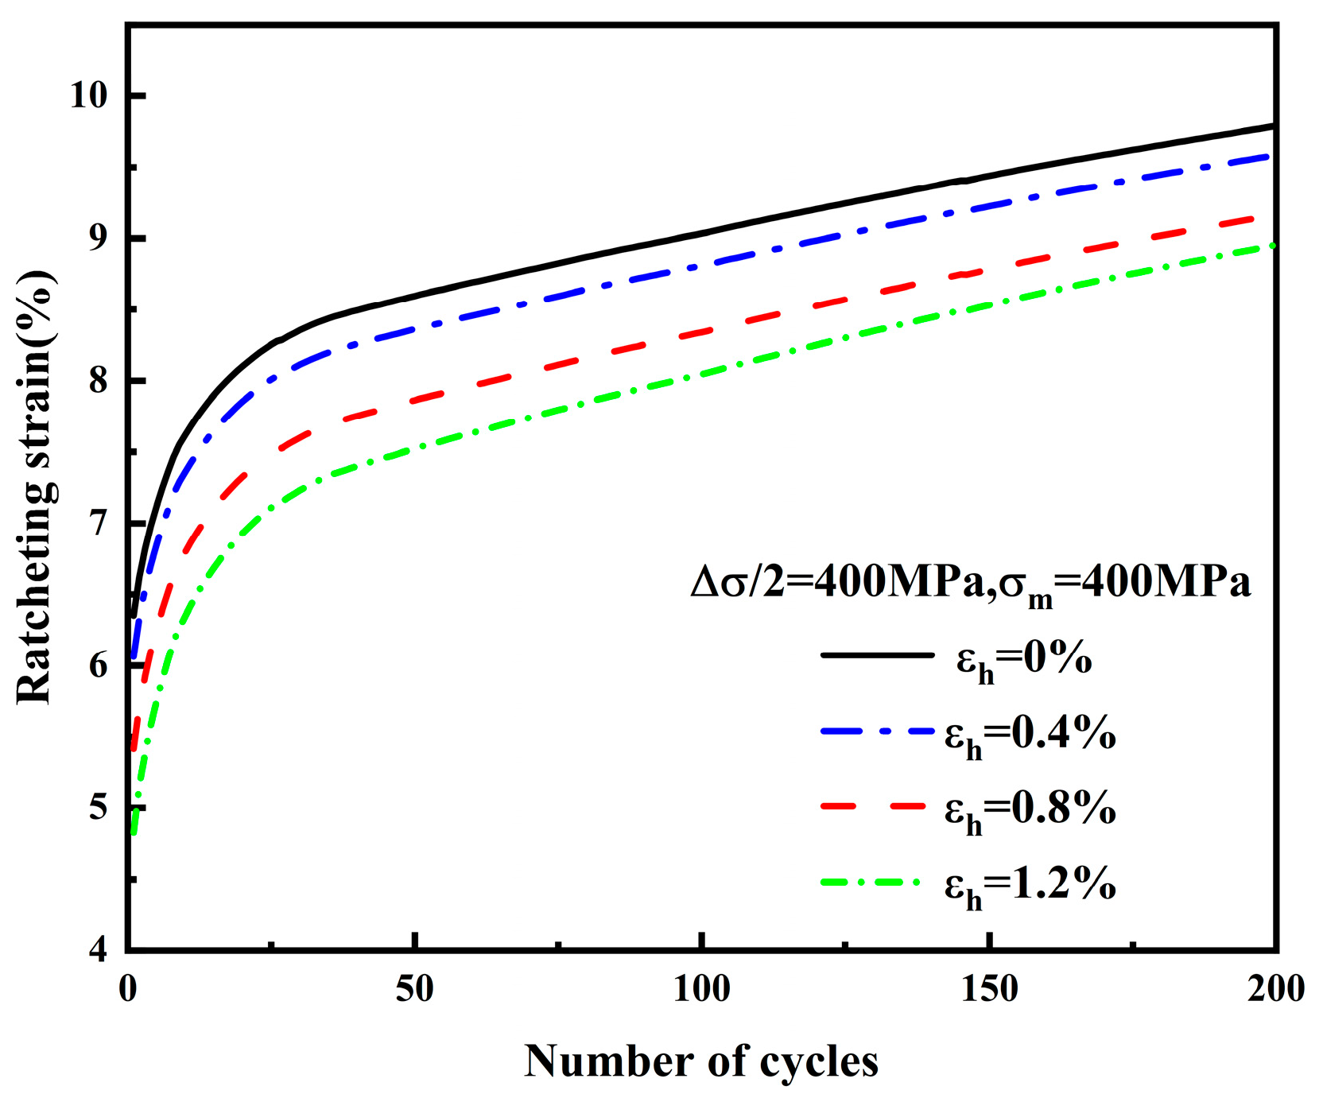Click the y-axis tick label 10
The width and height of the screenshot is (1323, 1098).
click(88, 95)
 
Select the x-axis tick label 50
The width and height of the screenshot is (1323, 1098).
click(414, 990)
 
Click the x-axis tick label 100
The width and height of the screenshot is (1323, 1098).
click(701, 990)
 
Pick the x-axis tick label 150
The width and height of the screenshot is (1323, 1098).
click(989, 990)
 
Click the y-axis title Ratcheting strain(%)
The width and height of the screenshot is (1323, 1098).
click(36, 487)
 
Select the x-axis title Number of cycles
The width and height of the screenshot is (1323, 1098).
click(701, 1061)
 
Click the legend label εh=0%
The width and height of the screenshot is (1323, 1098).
click(1024, 660)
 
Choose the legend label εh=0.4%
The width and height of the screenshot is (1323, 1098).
click(1030, 735)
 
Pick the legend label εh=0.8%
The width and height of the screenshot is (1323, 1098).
click(1030, 809)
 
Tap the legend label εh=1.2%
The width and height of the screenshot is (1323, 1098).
click(1030, 884)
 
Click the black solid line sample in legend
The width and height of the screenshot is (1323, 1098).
click(877, 655)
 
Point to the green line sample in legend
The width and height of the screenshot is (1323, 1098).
click(871, 882)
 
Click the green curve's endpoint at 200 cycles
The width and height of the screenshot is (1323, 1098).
click(1274, 246)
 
